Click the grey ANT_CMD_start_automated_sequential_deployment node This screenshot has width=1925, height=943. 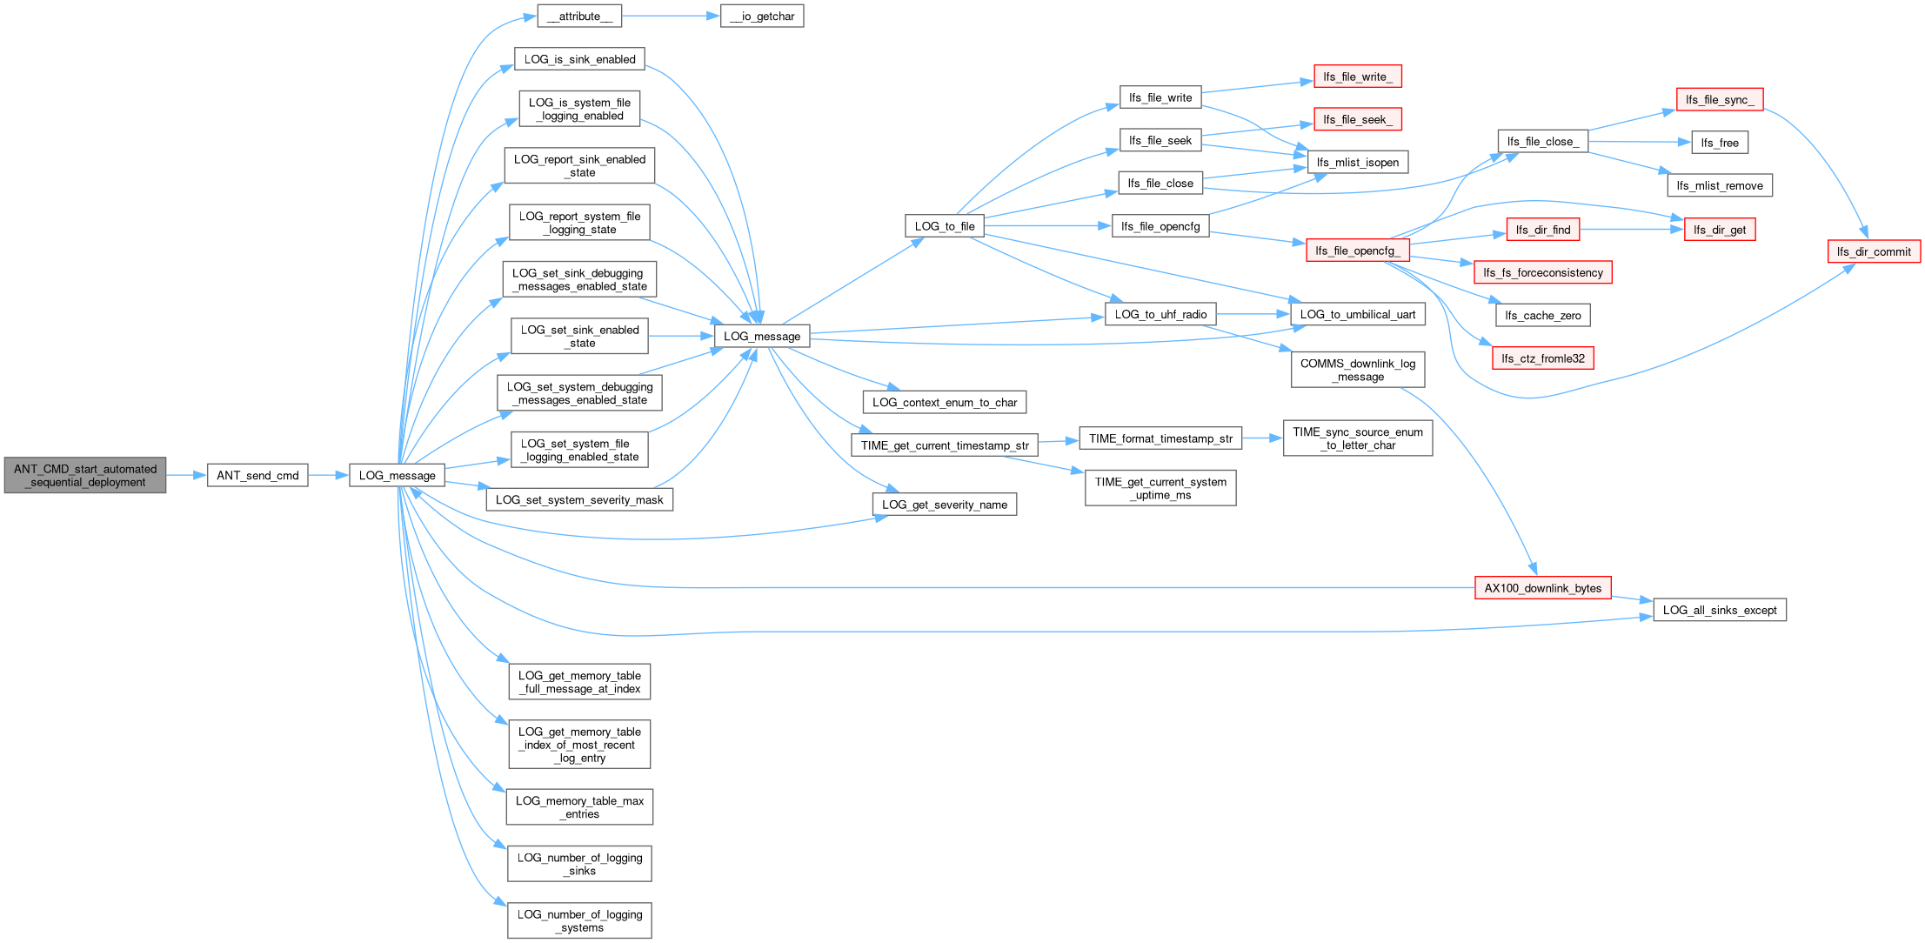point(85,475)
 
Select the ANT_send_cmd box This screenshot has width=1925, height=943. point(257,475)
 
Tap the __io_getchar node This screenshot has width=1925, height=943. point(762,16)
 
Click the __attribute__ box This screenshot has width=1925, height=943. point(579,16)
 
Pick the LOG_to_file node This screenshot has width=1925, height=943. point(945,226)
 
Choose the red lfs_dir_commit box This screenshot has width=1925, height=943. point(1874,251)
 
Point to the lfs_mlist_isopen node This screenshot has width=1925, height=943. point(1358,162)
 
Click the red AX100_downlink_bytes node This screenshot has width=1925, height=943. point(1543,588)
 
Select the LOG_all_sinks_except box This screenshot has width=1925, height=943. point(1720,610)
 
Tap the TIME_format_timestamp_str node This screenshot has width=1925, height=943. point(1160,438)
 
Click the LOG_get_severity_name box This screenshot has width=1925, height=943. point(945,505)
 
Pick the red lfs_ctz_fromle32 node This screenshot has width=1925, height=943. point(1543,358)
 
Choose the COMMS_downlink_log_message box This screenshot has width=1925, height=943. point(1358,370)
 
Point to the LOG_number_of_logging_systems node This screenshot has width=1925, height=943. point(579,920)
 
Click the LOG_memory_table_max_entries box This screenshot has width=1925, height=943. point(579,807)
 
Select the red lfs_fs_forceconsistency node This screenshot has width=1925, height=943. point(1543,272)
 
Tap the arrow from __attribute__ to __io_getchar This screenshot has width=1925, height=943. point(671,16)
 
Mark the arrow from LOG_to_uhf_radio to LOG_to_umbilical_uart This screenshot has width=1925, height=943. point(1253,314)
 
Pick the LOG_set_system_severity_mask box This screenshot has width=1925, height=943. point(579,499)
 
